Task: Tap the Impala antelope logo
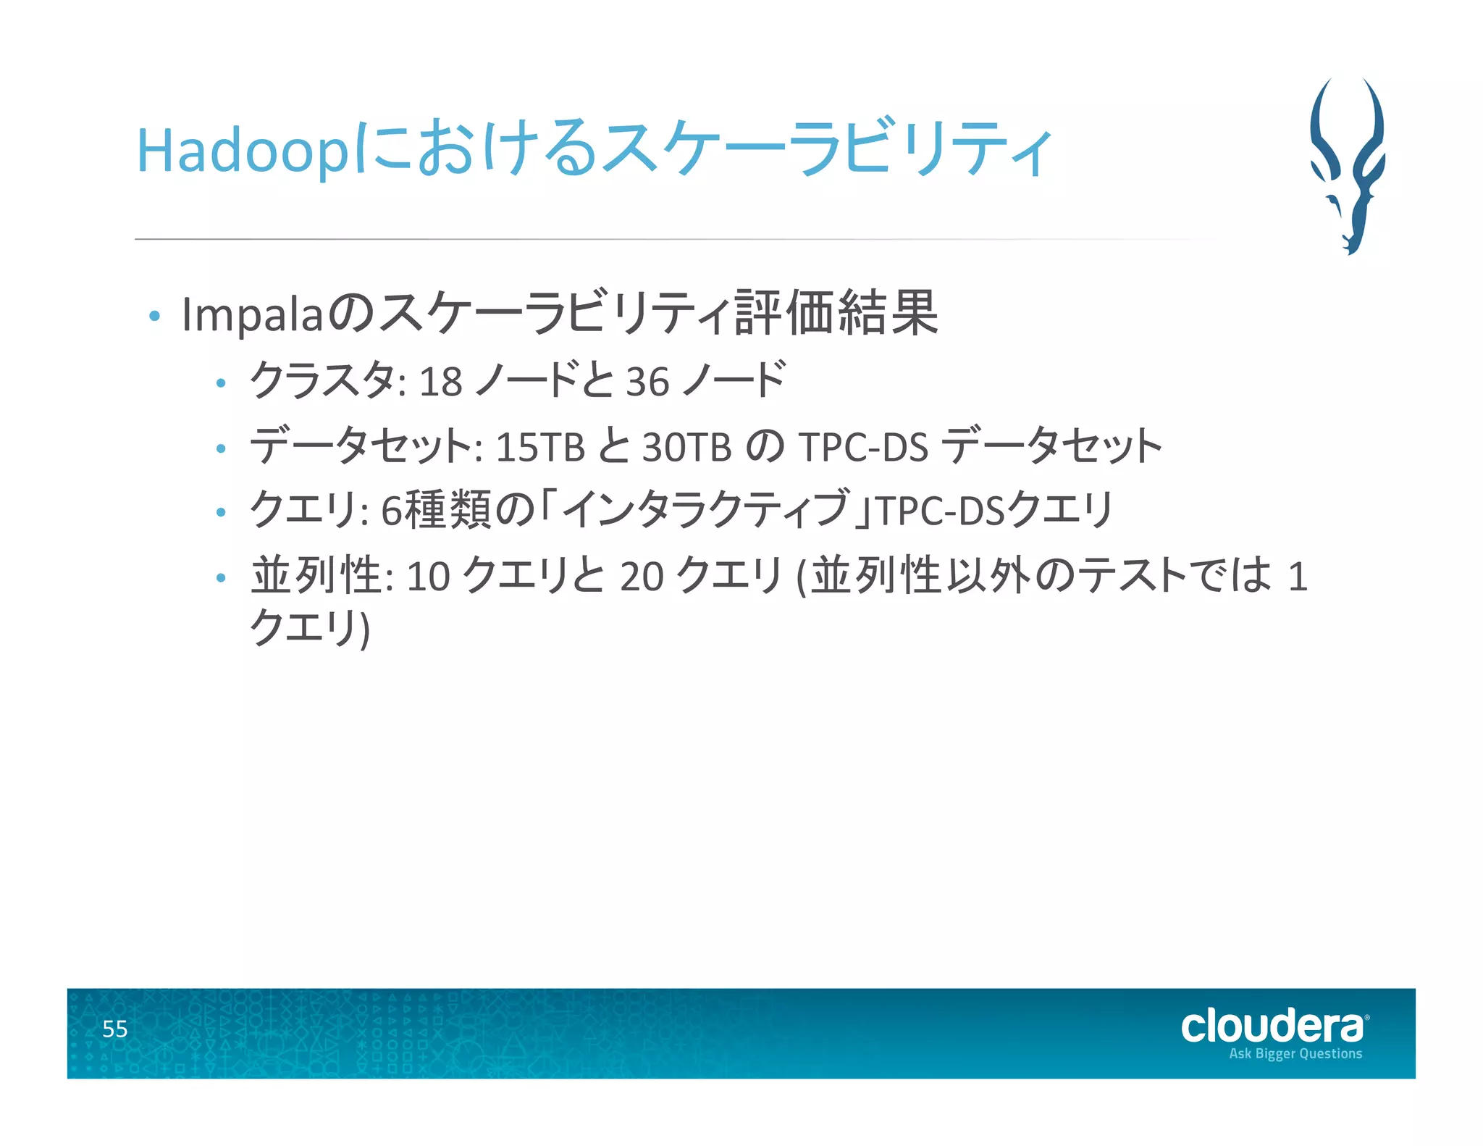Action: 1348,165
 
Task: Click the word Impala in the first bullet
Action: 251,315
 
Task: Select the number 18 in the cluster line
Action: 440,382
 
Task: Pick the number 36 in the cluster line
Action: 647,382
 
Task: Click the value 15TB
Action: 539,447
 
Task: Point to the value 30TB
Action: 686,447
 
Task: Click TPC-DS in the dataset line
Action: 863,447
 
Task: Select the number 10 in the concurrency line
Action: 429,577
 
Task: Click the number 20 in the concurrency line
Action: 642,577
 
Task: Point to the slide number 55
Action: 114,1029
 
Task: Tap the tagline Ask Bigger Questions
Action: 1295,1053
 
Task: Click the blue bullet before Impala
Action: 154,317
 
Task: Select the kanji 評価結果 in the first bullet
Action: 836,314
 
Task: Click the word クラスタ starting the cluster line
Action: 322,380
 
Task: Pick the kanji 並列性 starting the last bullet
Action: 316,576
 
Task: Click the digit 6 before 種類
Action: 391,511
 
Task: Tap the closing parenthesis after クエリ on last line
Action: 364,629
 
